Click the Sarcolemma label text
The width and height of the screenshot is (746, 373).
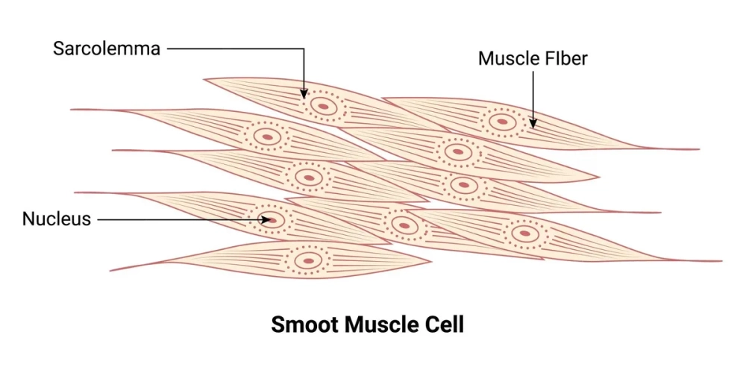coord(107,49)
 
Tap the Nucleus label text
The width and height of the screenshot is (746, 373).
coord(56,219)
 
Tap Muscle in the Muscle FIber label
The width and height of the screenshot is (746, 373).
coord(505,58)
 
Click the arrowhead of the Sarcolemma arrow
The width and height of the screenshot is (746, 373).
coord(304,95)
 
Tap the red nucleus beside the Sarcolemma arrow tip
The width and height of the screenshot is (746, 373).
coord(324,106)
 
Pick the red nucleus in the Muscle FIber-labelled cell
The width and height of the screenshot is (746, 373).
coord(503,120)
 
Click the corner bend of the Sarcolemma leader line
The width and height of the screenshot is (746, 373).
coord(304,49)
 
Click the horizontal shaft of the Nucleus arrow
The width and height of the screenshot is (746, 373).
coord(179,219)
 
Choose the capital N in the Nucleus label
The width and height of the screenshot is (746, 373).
coord(28,219)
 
